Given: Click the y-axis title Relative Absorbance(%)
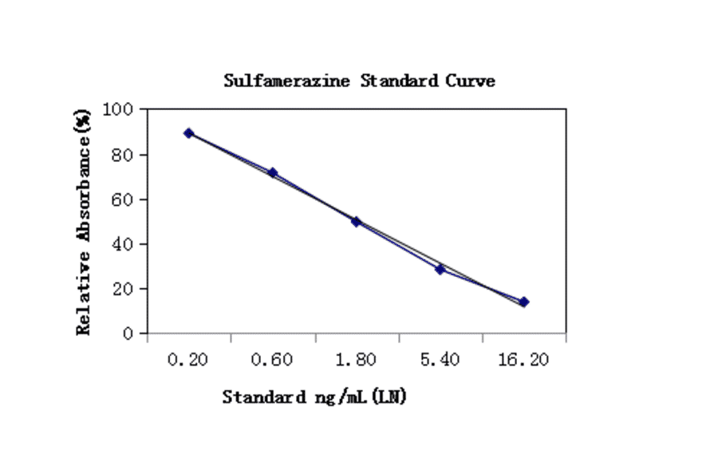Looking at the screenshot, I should point(83,223).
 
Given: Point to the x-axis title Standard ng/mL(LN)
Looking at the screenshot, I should point(314,397).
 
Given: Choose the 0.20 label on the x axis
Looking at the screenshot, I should point(188,360).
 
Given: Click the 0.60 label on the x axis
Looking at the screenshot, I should point(272,360).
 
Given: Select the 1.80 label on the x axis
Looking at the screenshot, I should point(356,360).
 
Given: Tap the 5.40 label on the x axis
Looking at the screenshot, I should point(440,360).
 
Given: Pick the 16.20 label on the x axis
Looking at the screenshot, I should point(523,360).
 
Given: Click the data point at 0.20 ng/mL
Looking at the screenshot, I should point(189,133).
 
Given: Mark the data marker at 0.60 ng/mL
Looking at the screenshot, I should point(273,172).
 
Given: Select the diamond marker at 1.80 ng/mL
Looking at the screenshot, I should point(356,222).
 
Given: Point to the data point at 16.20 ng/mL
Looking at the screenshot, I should point(524,302).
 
